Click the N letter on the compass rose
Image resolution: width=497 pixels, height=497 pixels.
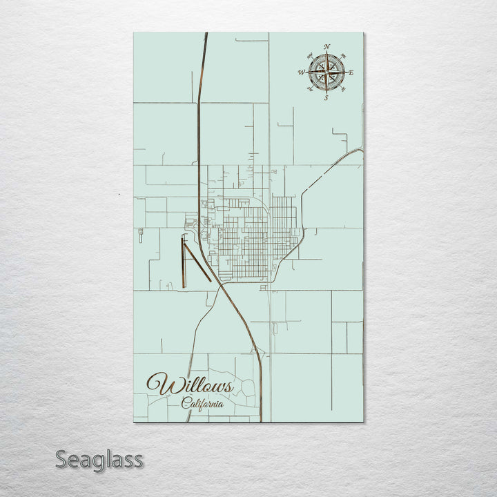click(327, 46)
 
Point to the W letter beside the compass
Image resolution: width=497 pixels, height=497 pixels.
click(301, 72)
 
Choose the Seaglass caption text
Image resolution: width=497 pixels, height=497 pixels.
click(100, 459)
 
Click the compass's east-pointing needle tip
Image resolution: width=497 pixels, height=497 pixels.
click(344, 72)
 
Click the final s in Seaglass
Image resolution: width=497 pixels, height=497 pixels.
click(138, 460)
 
